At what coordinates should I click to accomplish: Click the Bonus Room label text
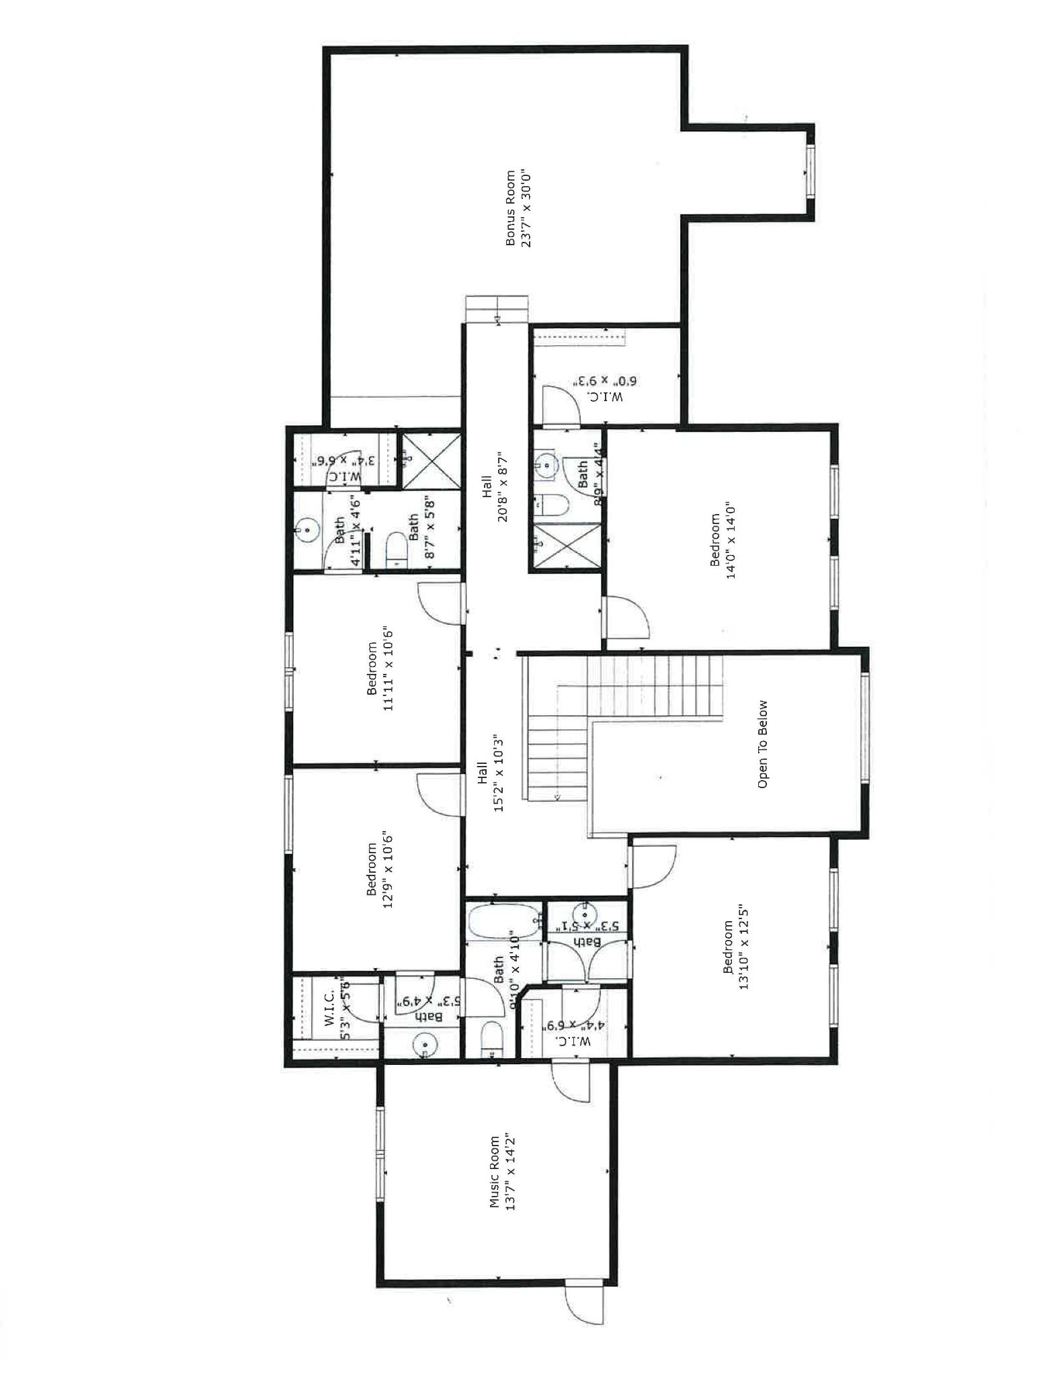click(518, 208)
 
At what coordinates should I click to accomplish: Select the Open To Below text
click(762, 744)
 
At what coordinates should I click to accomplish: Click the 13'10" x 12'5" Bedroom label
click(735, 947)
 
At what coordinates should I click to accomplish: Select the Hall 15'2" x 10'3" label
click(491, 772)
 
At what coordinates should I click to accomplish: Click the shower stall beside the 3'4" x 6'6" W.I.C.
click(432, 461)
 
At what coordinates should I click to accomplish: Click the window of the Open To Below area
click(865, 727)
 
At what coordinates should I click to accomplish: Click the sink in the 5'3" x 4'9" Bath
click(425, 1045)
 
